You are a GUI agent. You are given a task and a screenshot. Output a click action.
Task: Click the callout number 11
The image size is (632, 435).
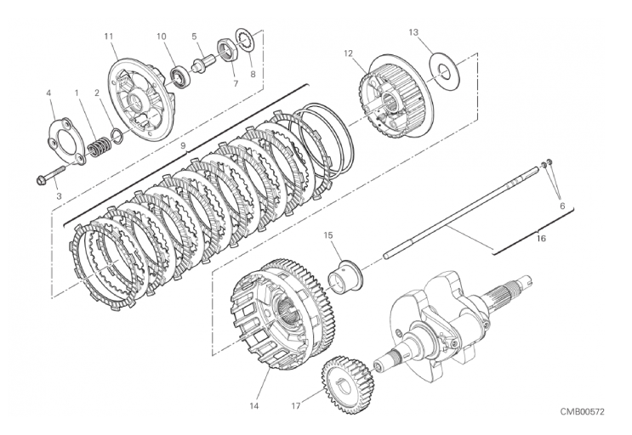click(x=108, y=37)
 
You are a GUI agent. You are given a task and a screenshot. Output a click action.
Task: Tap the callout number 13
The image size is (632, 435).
click(x=413, y=32)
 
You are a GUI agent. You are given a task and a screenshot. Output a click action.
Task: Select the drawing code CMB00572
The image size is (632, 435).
click(x=582, y=411)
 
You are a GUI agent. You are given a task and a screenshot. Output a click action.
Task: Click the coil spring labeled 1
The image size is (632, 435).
click(x=98, y=147)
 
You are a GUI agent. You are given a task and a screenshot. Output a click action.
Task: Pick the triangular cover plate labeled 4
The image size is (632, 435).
click(x=67, y=140)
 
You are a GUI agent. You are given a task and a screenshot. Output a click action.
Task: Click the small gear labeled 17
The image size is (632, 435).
click(x=347, y=376)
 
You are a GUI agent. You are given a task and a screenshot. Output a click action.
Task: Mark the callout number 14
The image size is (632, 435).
click(x=253, y=405)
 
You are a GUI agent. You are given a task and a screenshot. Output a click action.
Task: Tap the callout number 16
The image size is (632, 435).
click(x=541, y=239)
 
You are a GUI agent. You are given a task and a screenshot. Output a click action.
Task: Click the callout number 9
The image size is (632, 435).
click(x=183, y=145)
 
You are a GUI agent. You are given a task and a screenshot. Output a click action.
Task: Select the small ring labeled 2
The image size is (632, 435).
click(x=116, y=136)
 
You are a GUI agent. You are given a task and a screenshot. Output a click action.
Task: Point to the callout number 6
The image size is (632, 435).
click(x=562, y=206)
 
